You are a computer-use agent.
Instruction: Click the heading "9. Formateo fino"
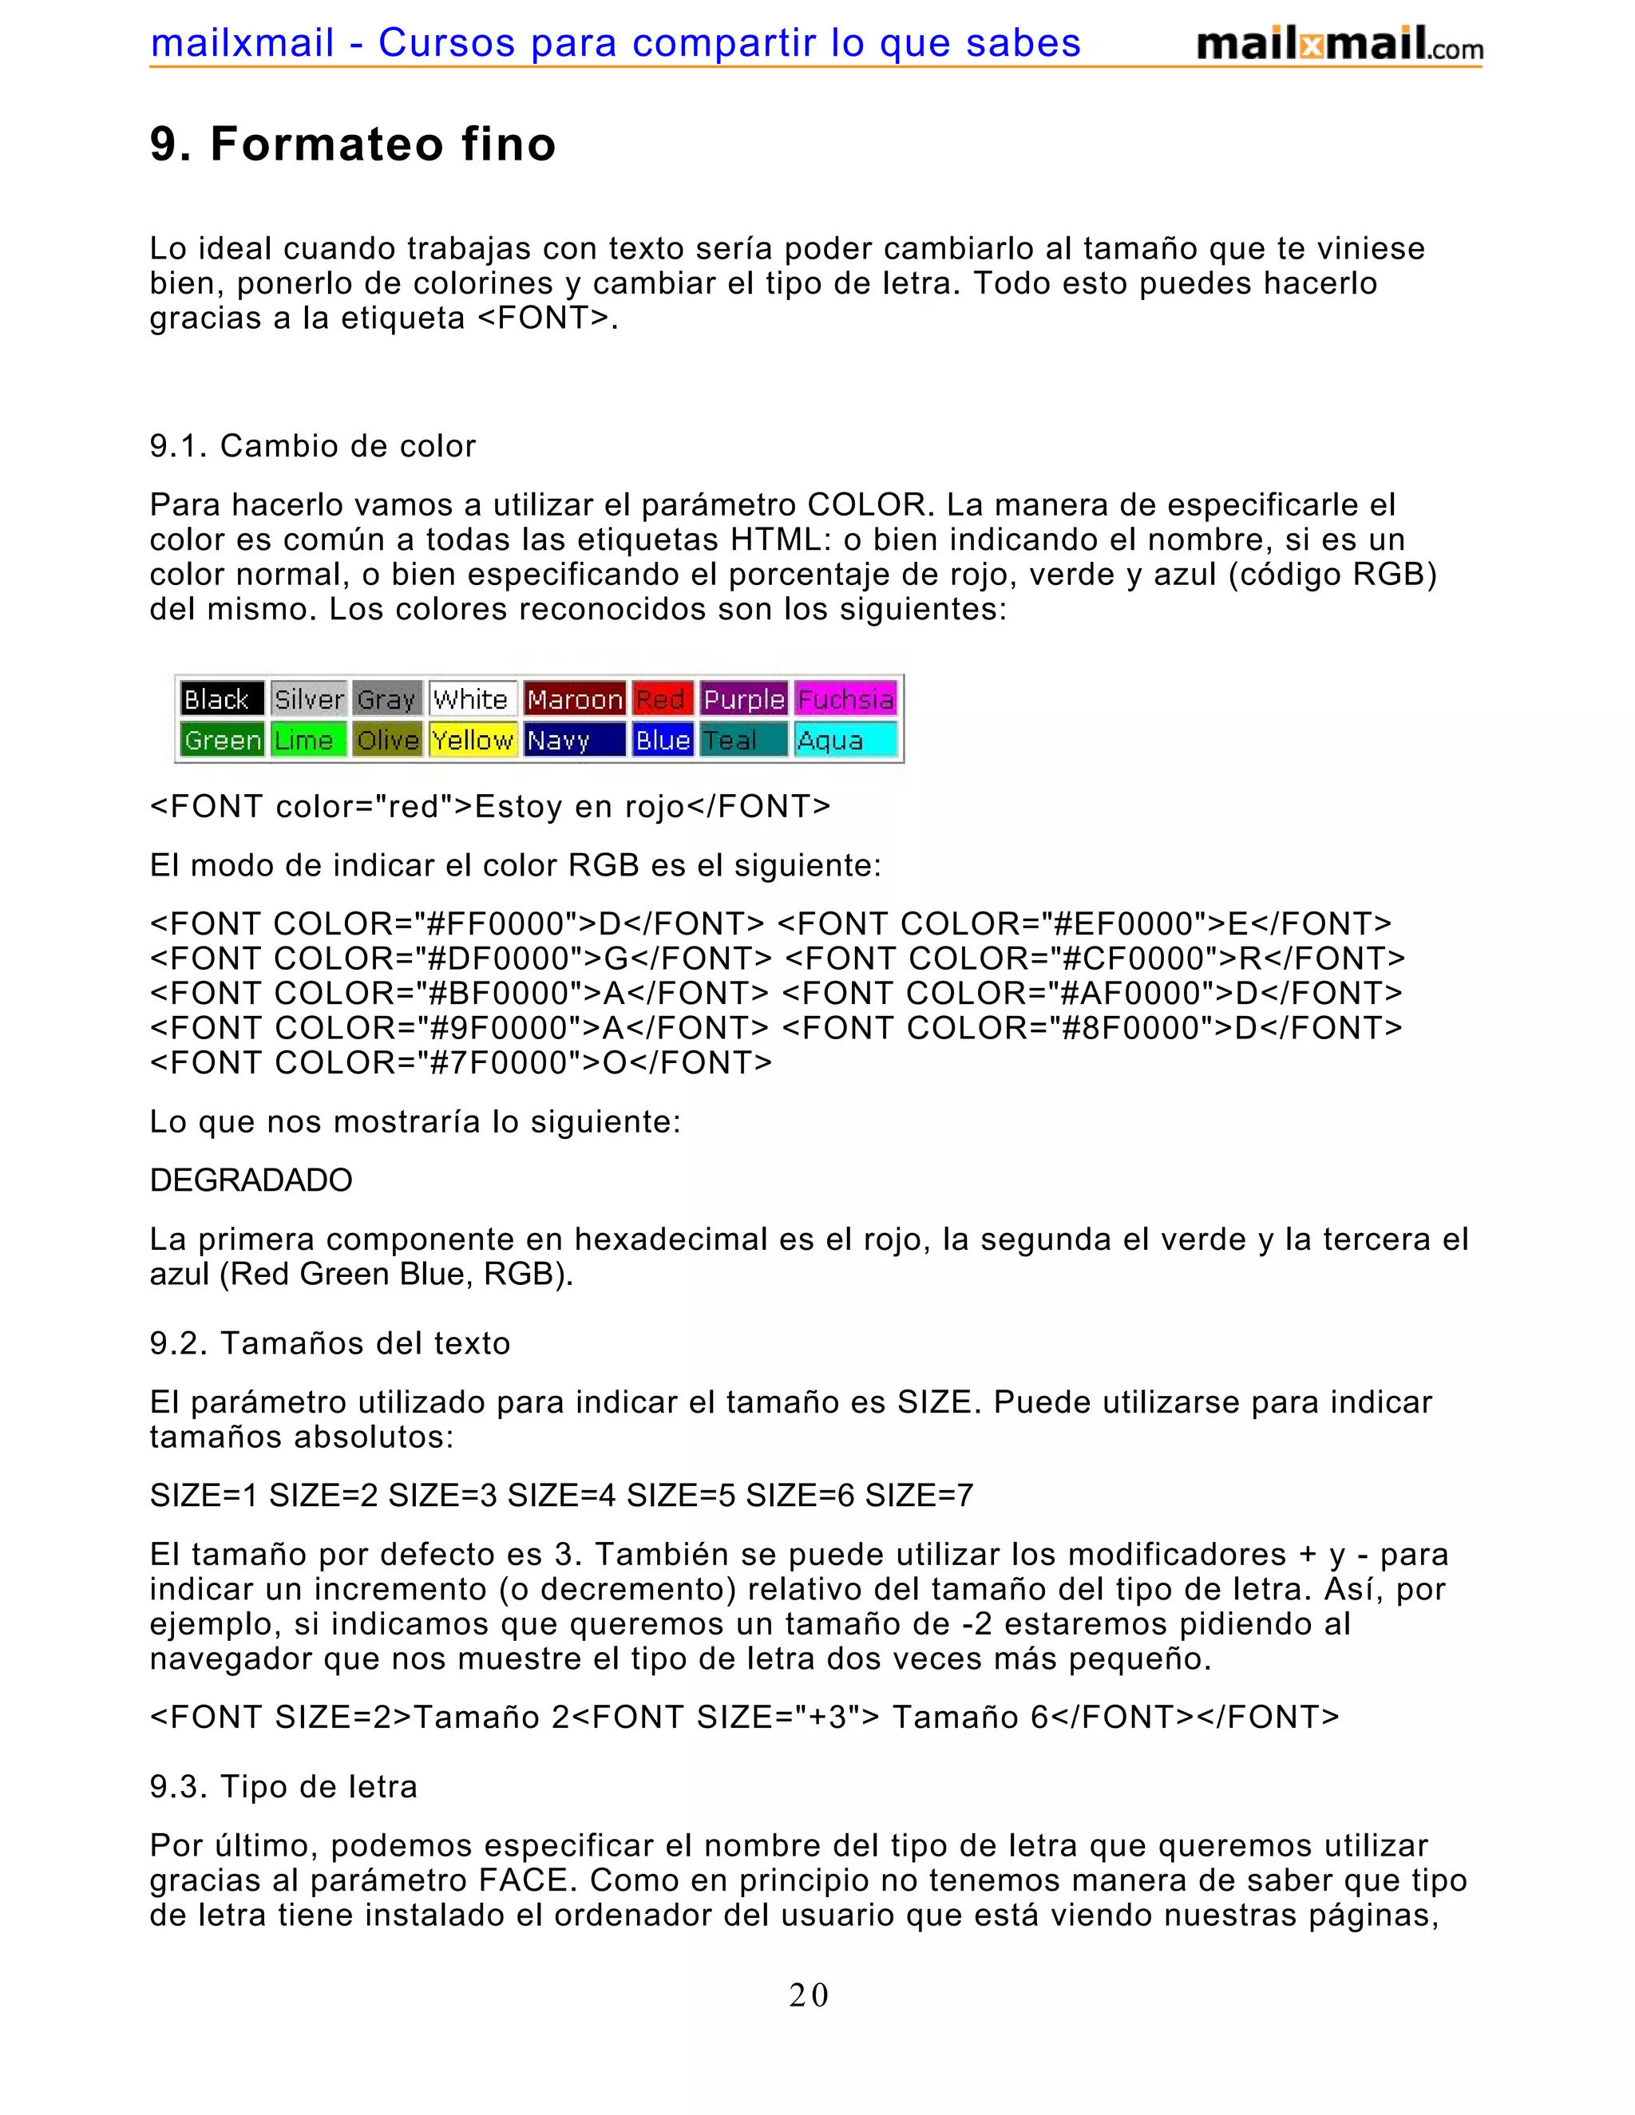[353, 144]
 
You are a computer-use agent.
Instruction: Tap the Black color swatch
[222, 698]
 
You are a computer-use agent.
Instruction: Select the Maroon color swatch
[574, 698]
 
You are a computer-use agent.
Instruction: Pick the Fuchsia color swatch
[845, 698]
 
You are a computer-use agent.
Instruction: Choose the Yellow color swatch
[473, 740]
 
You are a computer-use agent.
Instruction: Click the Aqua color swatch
[845, 740]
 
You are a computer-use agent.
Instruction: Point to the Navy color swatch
[574, 740]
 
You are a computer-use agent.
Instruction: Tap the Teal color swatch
[743, 740]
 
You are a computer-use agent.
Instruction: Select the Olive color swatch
[387, 740]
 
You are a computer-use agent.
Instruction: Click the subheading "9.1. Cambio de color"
[312, 445]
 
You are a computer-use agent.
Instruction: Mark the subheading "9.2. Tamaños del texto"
[330, 1343]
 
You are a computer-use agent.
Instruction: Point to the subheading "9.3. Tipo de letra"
[283, 1787]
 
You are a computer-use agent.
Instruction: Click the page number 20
[809, 1996]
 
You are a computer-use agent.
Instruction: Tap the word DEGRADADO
[251, 1180]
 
